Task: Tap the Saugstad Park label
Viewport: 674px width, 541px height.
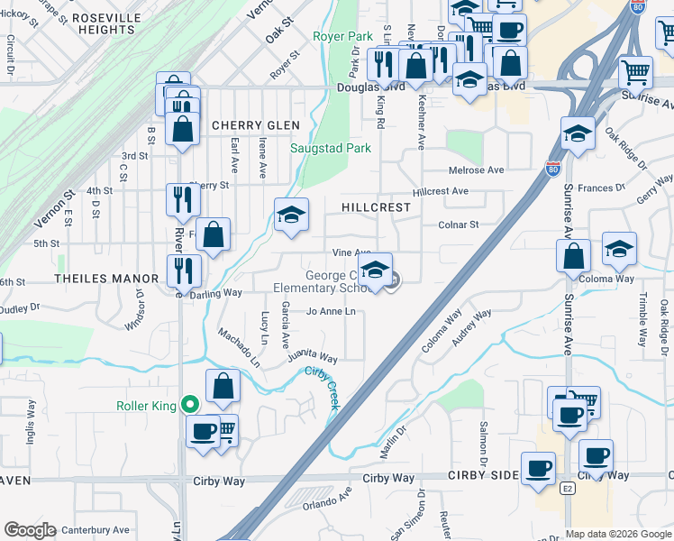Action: pos(331,148)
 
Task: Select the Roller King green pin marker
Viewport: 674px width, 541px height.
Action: pos(189,405)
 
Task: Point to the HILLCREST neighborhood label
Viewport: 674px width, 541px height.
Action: pos(376,207)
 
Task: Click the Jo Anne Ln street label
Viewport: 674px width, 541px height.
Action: pos(331,312)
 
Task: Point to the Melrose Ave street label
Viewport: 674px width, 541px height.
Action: pos(477,170)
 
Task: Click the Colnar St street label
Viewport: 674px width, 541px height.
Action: pos(458,225)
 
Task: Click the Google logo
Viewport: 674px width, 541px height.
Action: pos(30,530)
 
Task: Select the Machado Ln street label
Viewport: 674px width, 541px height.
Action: pos(238,348)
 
